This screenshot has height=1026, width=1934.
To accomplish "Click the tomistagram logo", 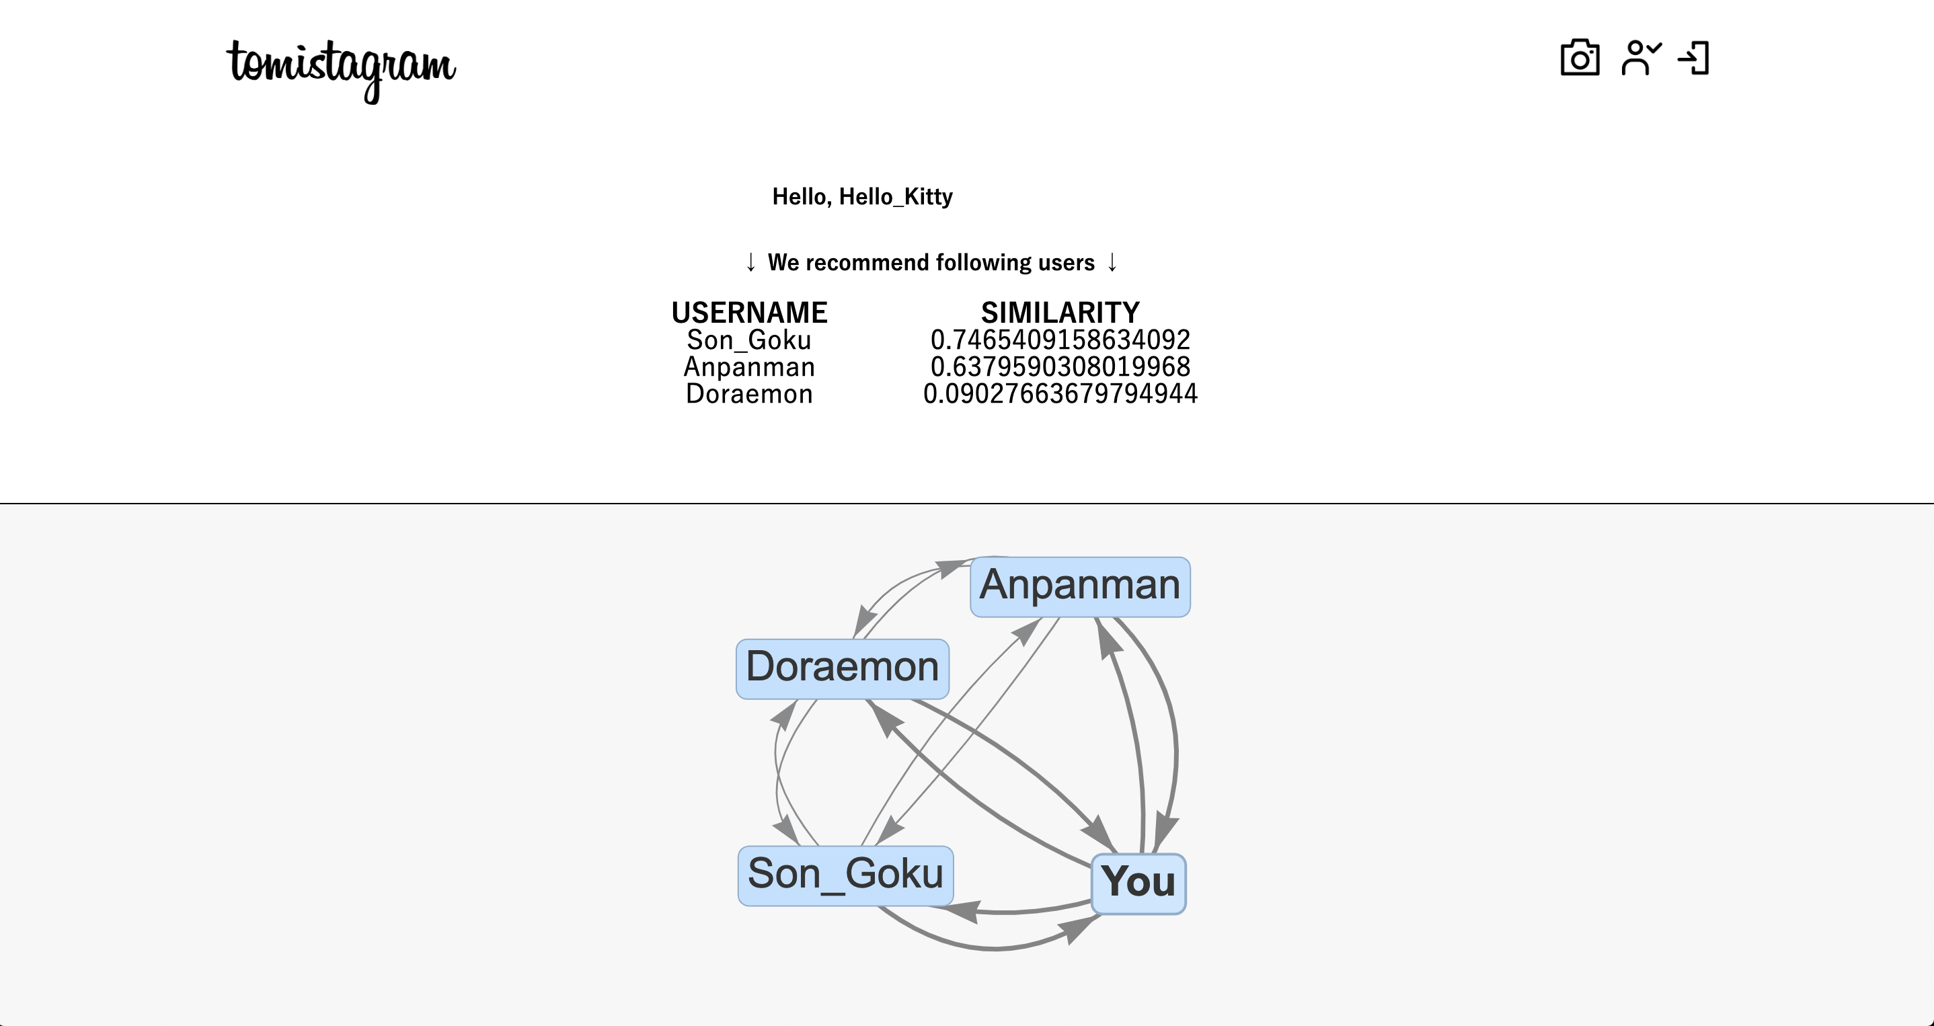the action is click(342, 70).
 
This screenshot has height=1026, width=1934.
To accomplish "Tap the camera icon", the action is click(1580, 58).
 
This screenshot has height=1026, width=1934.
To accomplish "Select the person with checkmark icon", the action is click(1641, 58).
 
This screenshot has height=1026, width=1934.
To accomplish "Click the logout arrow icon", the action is click(1694, 58).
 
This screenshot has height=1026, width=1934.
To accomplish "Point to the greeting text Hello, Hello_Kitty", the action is click(863, 196).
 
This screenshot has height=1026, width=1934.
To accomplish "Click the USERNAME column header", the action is click(749, 312).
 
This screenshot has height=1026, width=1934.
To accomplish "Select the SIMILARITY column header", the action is click(1060, 312).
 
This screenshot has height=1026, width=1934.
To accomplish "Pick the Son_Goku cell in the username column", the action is click(749, 340).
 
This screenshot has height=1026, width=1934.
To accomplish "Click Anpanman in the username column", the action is click(749, 367).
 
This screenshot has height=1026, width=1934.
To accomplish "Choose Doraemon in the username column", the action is click(749, 394).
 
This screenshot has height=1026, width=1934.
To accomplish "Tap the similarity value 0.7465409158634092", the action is click(1060, 340).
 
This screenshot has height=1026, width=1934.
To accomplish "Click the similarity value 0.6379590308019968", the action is click(1060, 367).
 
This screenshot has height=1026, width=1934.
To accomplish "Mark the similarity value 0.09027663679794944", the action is click(1060, 394).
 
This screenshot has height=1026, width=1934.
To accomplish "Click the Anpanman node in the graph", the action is click(1079, 587).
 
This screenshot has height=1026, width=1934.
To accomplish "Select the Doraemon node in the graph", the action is click(843, 669).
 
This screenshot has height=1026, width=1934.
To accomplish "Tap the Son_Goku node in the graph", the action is click(845, 876).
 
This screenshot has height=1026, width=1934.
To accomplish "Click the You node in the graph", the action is click(1138, 883).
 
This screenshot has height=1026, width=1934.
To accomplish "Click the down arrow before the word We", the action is click(750, 263).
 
